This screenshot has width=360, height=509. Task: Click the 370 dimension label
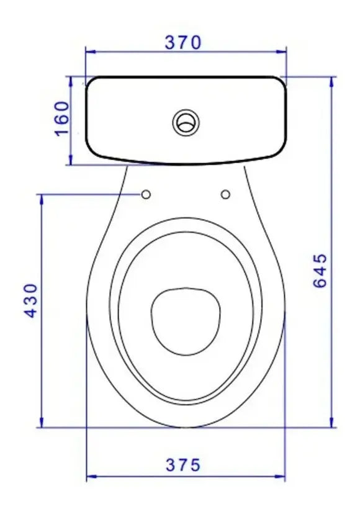coord(183,43)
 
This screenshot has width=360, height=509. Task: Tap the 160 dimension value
coord(62,119)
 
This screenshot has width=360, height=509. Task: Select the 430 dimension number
coord(32,300)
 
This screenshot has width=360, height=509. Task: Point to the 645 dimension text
coord(320,271)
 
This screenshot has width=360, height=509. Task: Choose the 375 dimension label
coord(183,465)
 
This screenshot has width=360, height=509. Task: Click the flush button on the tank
coord(186,122)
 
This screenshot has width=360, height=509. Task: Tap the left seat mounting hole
coord(146,194)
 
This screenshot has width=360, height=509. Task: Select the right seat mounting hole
coord(225,194)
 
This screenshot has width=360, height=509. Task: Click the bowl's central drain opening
coord(186,321)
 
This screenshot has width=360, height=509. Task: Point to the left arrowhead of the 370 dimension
coord(91,52)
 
